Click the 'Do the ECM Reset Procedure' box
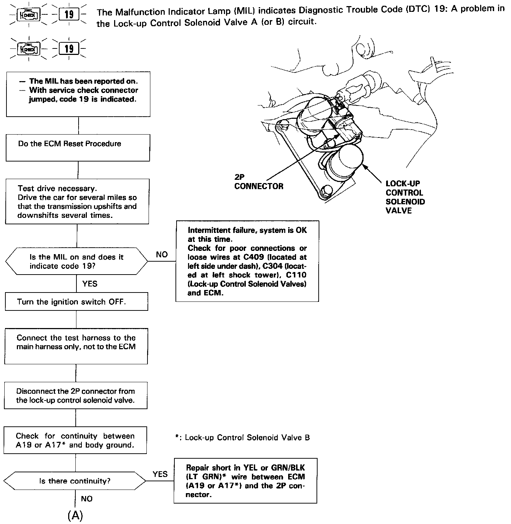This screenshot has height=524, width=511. coord(78,148)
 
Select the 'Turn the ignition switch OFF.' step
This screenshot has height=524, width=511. coord(76,301)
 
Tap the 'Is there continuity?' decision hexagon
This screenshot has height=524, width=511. coord(75,481)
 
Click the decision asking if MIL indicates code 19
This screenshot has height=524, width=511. coord(76,262)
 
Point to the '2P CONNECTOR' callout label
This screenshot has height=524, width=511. coord(258,182)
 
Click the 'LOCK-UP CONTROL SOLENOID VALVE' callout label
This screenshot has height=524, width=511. coord(405,197)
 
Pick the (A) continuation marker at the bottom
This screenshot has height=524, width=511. coord(75,515)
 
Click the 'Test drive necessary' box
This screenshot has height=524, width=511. coord(77,202)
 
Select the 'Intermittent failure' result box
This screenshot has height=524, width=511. coord(247,261)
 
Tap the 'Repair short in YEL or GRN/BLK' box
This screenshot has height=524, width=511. coord(245,481)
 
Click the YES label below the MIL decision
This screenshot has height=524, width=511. coord(90,284)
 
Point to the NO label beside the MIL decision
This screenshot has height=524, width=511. coord(162,254)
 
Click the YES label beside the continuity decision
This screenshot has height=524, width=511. coord(160,474)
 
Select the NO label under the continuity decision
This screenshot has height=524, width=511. coord(86,499)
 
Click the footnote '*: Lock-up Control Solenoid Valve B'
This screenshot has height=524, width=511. coord(242,438)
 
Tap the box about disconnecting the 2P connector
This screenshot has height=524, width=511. coord(76,396)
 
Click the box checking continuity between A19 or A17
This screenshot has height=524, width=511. coord(75,440)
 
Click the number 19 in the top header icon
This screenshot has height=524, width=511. coord(69,15)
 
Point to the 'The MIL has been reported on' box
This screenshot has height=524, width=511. coord(78,94)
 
